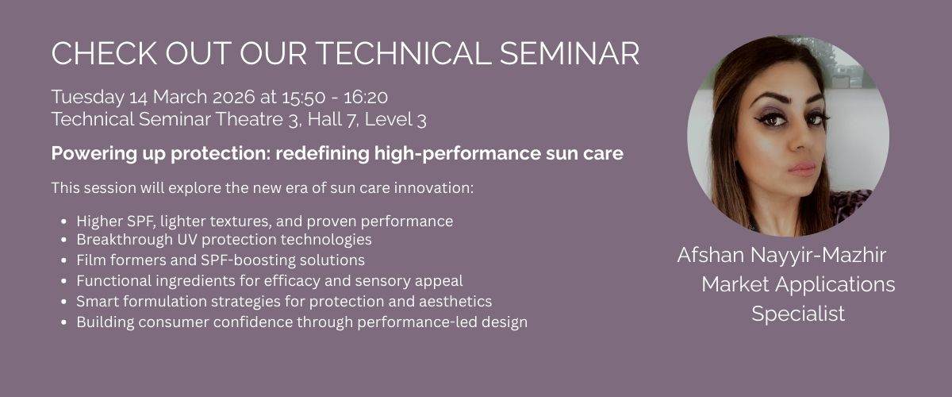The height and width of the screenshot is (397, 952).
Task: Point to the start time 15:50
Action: [291, 97]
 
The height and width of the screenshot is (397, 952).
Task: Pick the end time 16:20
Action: [365, 97]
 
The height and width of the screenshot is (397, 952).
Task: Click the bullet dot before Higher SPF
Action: [63, 221]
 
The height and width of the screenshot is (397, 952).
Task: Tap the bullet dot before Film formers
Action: [63, 260]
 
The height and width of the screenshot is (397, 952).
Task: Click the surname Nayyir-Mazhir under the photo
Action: [825, 256]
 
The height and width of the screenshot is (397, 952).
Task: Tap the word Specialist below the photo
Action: [798, 314]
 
